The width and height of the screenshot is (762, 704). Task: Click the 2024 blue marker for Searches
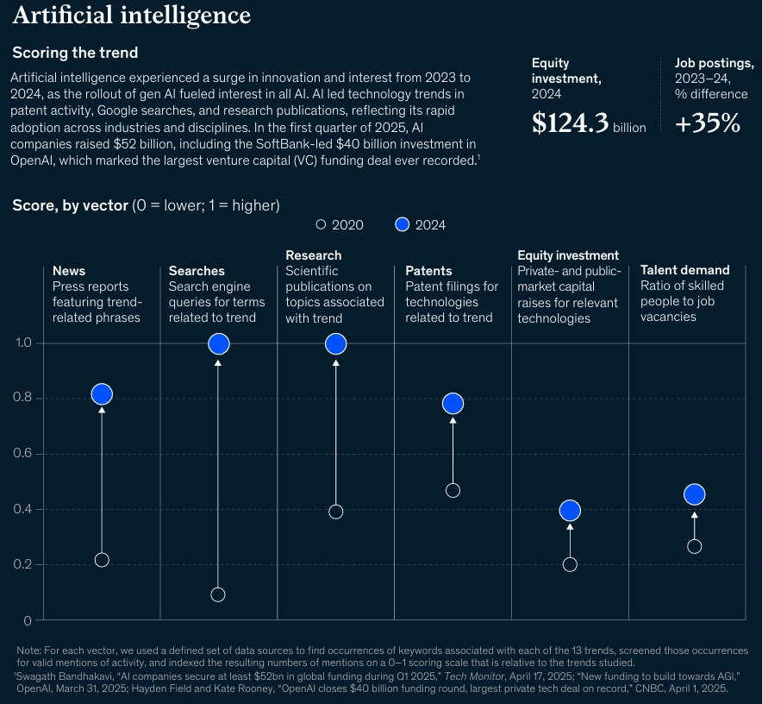point(219,343)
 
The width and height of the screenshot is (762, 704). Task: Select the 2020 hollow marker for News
point(102,560)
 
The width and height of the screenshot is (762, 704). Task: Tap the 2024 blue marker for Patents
point(453,403)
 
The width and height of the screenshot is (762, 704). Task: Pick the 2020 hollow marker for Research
point(336,512)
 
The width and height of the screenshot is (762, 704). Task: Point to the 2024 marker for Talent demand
point(695,494)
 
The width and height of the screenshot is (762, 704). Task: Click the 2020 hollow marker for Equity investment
point(570,565)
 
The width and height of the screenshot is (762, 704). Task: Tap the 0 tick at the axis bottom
point(28,620)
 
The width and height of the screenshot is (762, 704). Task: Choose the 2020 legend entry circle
point(321,224)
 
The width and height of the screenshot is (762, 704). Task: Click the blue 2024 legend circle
point(401,224)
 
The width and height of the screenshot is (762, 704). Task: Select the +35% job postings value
point(707,123)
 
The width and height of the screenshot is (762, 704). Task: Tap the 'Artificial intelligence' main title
point(132,16)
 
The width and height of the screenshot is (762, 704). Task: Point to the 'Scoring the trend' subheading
point(75,53)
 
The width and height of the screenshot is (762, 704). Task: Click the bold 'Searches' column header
point(197,271)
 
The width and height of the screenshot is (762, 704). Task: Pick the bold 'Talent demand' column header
point(684,270)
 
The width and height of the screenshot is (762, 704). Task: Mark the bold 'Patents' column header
point(428,271)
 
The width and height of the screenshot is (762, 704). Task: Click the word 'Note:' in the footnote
point(31,650)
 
